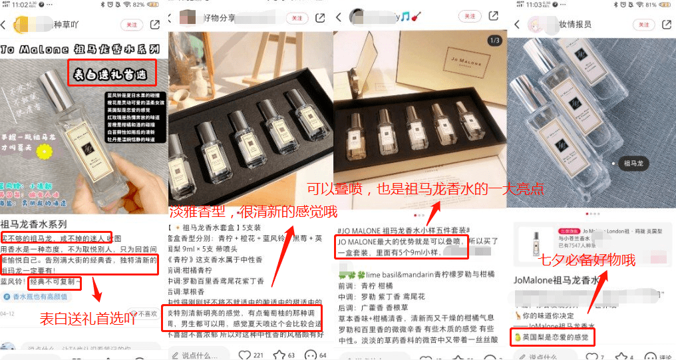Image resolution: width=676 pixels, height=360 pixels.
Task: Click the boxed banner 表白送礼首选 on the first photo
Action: (x=112, y=72)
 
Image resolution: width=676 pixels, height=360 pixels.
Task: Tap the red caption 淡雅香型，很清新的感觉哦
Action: (x=254, y=212)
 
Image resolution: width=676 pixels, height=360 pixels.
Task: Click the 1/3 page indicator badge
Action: (x=494, y=41)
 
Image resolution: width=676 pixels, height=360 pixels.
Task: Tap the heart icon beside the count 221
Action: (x=245, y=355)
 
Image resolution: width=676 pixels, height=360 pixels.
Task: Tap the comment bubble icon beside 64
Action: (x=313, y=355)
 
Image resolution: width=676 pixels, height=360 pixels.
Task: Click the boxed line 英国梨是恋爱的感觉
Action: (x=552, y=337)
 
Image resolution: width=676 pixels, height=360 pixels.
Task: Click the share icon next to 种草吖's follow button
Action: (x=155, y=25)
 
